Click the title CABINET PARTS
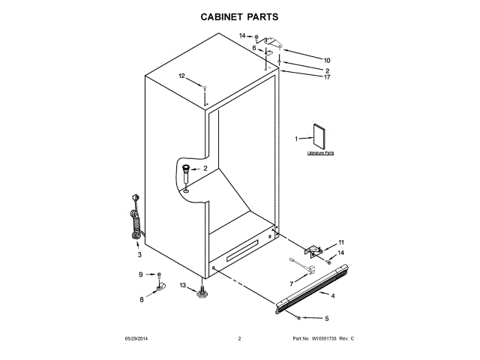pyautogui.click(x=240, y=15)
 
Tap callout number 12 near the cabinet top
pyautogui.click(x=181, y=76)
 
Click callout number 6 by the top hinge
pyautogui.click(x=253, y=48)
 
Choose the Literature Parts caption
pyautogui.click(x=321, y=153)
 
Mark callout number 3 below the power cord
pyautogui.click(x=139, y=255)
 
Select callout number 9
pyautogui.click(x=140, y=274)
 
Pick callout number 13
pyautogui.click(x=183, y=285)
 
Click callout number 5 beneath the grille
pyautogui.click(x=326, y=318)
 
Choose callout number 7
pyautogui.click(x=292, y=284)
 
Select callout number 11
pyautogui.click(x=341, y=242)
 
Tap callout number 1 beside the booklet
pyautogui.click(x=296, y=139)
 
